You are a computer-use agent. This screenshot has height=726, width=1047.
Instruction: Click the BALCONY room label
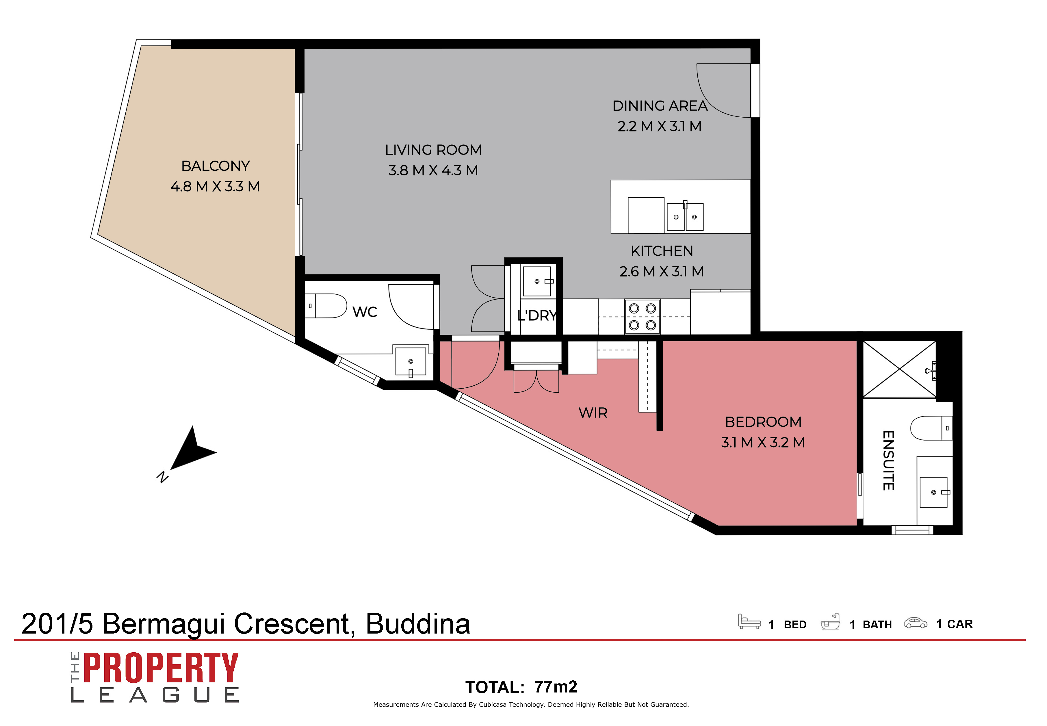tap(215, 166)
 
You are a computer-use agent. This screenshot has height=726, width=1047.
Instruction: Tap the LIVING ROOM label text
tap(433, 150)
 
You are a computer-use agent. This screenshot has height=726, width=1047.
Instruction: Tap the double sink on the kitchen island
tap(685, 216)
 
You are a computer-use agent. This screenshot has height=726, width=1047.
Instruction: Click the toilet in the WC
tap(326, 306)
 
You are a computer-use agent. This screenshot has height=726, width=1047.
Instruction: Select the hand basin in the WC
tap(411, 361)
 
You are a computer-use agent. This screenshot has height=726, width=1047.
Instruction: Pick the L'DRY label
tap(537, 315)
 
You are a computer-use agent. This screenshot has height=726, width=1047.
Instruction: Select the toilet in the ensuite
tap(931, 428)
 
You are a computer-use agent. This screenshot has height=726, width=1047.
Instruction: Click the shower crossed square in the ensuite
tap(899, 369)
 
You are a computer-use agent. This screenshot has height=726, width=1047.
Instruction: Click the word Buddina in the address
tap(417, 624)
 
